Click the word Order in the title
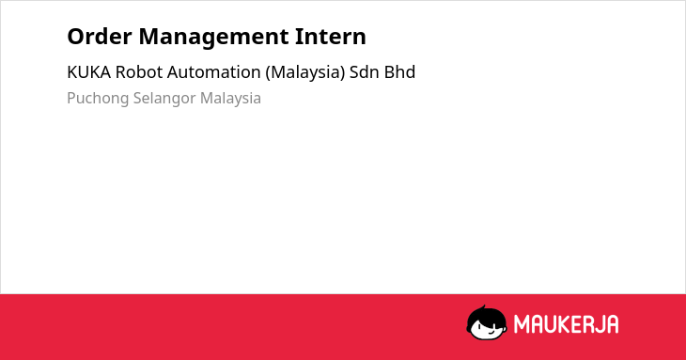pos(100,37)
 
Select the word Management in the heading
pos(213,38)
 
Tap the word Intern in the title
pos(330,37)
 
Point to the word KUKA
pos(89,72)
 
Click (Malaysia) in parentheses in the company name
pos(305,72)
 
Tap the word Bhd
pos(399,72)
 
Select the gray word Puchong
pos(98,99)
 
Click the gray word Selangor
pos(164,99)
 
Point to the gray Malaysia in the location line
pos(230,99)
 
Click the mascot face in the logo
pos(487,323)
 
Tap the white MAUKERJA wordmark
pos(566,324)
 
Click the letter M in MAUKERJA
pos(521,324)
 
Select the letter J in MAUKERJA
pos(599,324)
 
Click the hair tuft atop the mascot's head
pos(483,307)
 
